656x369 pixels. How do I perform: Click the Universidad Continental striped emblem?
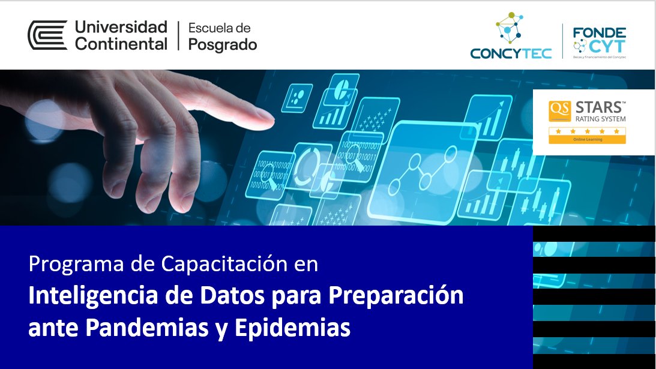(x=47, y=35)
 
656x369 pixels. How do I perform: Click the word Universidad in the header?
(x=121, y=28)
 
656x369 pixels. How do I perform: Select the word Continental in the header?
(x=121, y=44)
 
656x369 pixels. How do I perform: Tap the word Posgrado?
(x=223, y=45)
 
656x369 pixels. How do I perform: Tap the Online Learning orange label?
(x=588, y=140)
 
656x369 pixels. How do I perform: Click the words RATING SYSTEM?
(x=600, y=119)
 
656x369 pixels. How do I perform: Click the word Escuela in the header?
(x=219, y=28)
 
